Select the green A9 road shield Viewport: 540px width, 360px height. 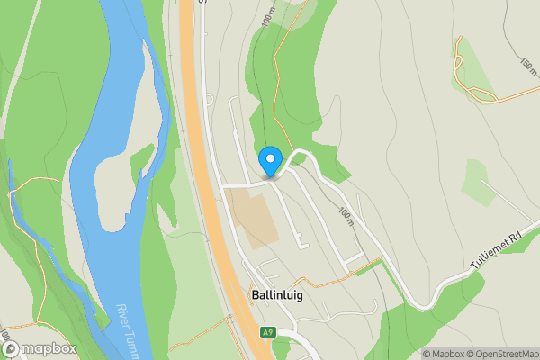(x=267, y=331)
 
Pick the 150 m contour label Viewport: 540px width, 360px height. (x=526, y=67)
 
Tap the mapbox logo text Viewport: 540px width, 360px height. (x=49, y=348)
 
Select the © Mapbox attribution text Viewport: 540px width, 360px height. (x=442, y=354)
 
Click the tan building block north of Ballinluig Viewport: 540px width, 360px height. (x=252, y=216)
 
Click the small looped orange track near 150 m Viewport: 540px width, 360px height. (x=459, y=63)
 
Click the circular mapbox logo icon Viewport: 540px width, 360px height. (x=11, y=349)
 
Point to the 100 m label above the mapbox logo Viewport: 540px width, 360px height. (x=7, y=344)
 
